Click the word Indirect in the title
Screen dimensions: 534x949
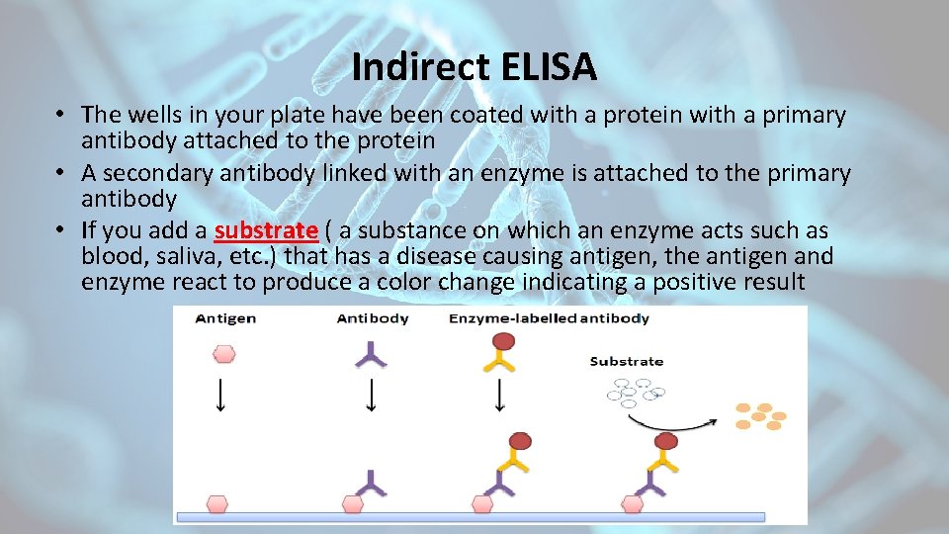(x=414, y=67)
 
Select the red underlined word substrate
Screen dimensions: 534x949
(x=265, y=230)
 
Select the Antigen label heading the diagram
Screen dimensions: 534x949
(x=225, y=318)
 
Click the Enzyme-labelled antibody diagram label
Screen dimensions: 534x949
(x=549, y=318)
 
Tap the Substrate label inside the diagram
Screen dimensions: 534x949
(x=626, y=361)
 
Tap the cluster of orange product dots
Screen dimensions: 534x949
(x=759, y=415)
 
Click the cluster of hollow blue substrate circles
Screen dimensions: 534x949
(x=631, y=394)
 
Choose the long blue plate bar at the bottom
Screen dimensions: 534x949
(x=471, y=516)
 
